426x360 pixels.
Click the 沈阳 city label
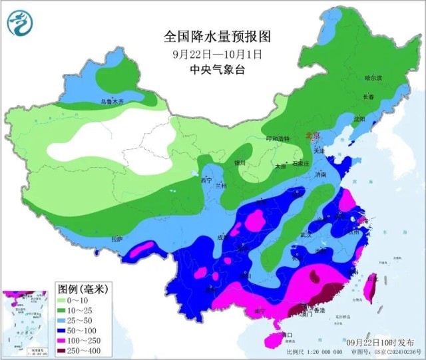pos(359,119)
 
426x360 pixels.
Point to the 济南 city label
pos(321,174)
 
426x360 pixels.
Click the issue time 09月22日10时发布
pos(384,341)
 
